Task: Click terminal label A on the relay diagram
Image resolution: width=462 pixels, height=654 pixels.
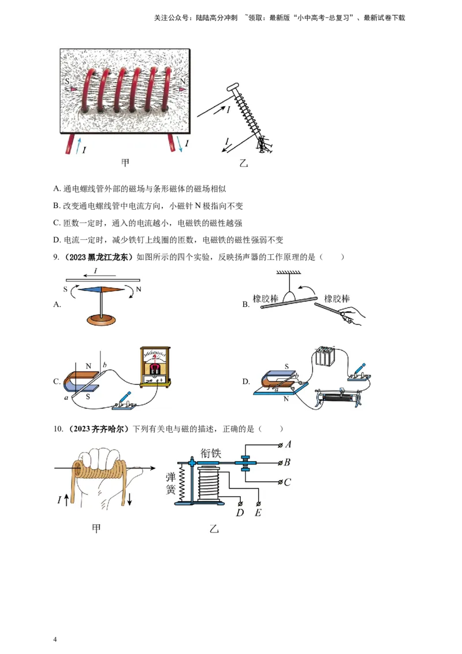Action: [288, 445]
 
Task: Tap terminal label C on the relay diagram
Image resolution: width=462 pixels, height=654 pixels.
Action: [287, 482]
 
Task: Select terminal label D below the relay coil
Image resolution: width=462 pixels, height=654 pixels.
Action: [240, 512]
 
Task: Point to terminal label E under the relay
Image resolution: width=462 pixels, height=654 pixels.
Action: [258, 512]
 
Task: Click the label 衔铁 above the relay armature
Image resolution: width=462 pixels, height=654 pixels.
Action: [211, 453]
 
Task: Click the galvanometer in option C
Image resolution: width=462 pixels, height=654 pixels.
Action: [155, 365]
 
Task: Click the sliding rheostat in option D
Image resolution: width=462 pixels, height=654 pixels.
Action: [338, 398]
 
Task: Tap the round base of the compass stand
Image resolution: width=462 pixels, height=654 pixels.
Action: [101, 320]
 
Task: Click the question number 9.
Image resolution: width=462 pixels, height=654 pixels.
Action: [56, 257]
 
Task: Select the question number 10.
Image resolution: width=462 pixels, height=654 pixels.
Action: [58, 429]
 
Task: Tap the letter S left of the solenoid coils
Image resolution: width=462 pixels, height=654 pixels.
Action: [68, 82]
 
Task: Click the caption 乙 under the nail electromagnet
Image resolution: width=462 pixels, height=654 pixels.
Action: [244, 163]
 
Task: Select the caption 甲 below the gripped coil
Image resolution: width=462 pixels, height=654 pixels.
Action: [96, 529]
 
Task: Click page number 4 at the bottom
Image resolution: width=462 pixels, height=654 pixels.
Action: [55, 640]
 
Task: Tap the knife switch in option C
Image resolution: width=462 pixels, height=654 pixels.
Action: [124, 402]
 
